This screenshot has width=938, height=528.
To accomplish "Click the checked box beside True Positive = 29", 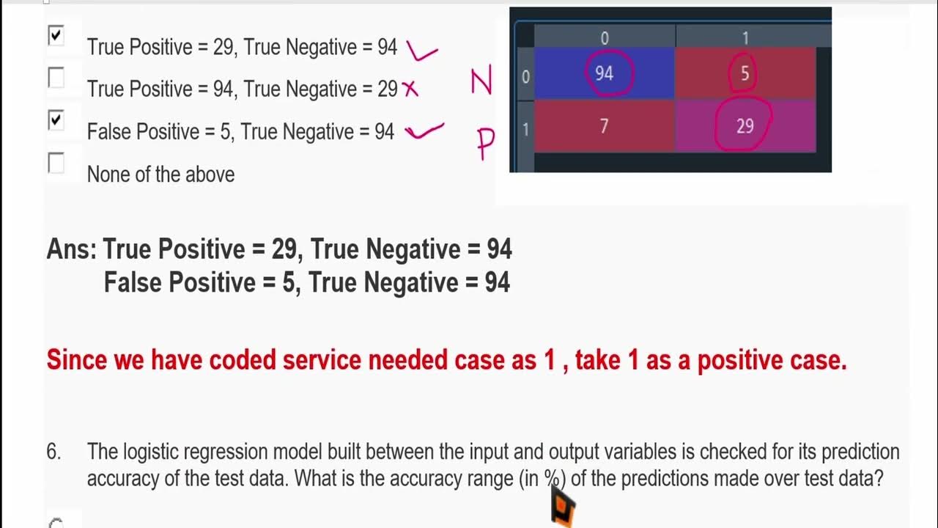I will [x=56, y=35].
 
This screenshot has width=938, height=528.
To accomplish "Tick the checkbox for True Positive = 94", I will [x=56, y=78].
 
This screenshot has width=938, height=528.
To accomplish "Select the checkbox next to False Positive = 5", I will [x=56, y=120].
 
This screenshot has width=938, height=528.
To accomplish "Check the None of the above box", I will [x=56, y=163].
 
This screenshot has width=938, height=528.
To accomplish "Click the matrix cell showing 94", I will [x=604, y=73].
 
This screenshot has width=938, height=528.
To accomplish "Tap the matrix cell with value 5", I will [x=745, y=73].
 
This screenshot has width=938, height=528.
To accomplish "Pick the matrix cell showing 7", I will [x=604, y=126].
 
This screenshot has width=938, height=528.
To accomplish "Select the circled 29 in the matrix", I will [x=745, y=126].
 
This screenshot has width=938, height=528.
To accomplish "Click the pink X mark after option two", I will [x=410, y=89].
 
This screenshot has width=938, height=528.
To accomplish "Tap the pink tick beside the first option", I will [x=421, y=51].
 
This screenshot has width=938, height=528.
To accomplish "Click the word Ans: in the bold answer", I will [x=71, y=249].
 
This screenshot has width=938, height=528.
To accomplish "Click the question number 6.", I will [x=53, y=452].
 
